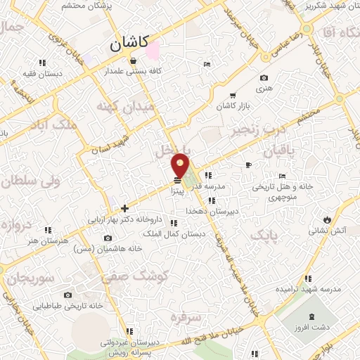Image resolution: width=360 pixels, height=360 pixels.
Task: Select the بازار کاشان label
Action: [234, 105]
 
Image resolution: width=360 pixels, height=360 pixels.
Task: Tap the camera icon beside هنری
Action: [264, 78]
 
